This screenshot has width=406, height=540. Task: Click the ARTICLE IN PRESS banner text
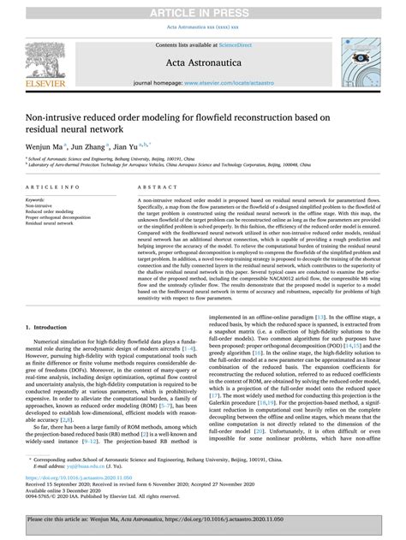tap(203, 9)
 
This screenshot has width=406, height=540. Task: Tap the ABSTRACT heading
tap(146, 186)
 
